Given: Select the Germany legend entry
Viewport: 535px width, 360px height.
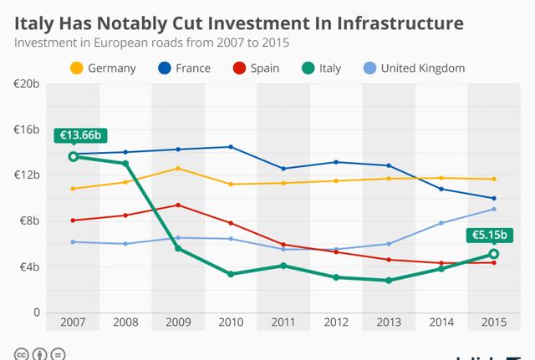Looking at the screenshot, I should click(104, 68).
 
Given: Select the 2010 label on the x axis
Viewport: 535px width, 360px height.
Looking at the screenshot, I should click(230, 322).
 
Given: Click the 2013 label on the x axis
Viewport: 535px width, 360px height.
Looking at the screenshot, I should click(388, 322).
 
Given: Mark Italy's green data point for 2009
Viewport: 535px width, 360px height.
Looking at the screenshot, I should click(177, 248).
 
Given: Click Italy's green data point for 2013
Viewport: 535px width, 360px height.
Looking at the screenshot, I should click(388, 281).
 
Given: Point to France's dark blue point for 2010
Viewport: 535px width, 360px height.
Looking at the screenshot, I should click(230, 147).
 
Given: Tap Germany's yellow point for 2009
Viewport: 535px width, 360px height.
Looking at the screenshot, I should click(177, 169).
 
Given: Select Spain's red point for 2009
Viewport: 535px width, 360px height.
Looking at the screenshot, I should click(177, 205).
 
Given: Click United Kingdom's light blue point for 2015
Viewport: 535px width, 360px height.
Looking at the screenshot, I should click(493, 209).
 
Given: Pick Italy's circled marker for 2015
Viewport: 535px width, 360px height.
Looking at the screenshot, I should click(493, 254).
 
